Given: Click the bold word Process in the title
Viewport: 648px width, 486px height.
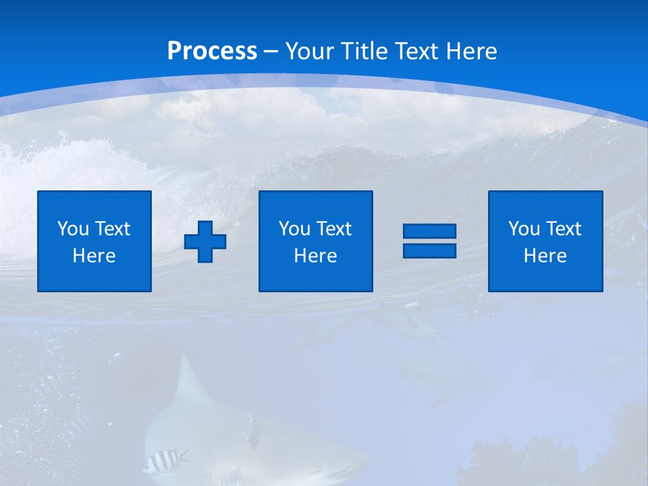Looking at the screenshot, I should point(212,51).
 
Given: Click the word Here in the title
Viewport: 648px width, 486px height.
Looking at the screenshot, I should point(471,51).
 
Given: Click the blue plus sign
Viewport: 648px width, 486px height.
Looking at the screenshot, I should point(205,242).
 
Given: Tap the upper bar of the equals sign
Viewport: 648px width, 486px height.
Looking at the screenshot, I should point(429,231).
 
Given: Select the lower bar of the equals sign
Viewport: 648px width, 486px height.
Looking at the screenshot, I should point(429,250).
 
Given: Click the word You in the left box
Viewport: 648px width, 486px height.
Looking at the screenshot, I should point(73,229).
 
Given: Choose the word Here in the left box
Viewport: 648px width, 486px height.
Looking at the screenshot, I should point(94,256).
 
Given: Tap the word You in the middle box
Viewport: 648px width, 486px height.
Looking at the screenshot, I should point(294,229).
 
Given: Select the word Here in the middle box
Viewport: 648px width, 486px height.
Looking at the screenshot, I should point(315,256).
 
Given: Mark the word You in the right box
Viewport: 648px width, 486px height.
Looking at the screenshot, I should point(524,229).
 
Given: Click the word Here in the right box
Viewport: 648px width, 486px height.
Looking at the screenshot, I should point(545,256).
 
